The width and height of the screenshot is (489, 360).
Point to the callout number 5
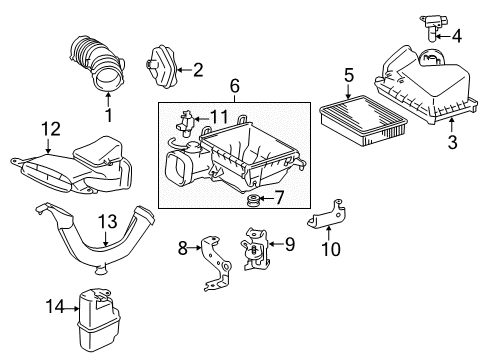349,73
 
